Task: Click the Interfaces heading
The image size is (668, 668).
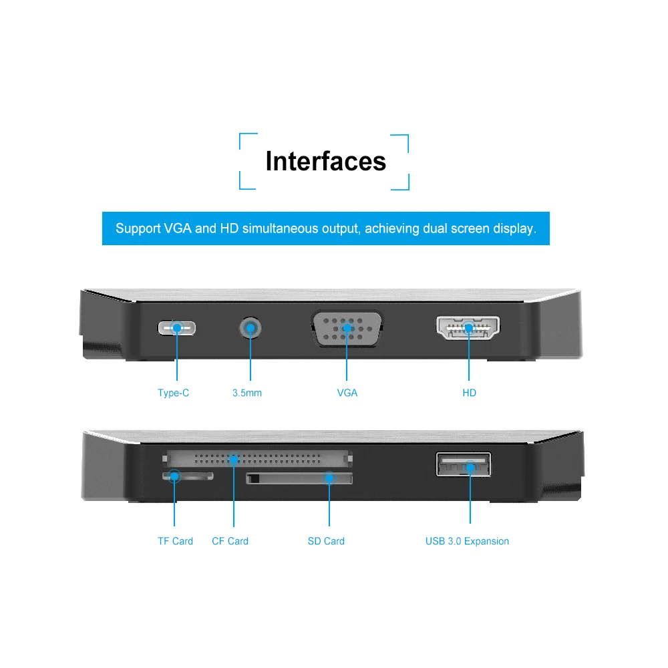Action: pyautogui.click(x=325, y=162)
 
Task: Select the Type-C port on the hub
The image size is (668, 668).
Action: pyautogui.click(x=177, y=328)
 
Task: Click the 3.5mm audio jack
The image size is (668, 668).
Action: pyautogui.click(x=251, y=328)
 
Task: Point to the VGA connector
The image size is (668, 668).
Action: pyautogui.click(x=347, y=329)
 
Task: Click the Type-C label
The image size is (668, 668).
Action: pyautogui.click(x=173, y=393)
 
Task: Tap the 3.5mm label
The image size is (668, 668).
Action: pyautogui.click(x=247, y=393)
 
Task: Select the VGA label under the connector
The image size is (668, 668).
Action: pyautogui.click(x=347, y=393)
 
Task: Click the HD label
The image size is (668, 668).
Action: pyautogui.click(x=470, y=393)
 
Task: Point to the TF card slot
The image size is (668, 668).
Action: pyautogui.click(x=188, y=476)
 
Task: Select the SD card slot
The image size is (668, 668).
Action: pyautogui.click(x=299, y=478)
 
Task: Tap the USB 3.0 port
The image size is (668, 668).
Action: pyautogui.click(x=464, y=465)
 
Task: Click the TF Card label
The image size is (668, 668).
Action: pyautogui.click(x=175, y=541)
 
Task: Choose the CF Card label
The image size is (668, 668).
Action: pyautogui.click(x=230, y=541)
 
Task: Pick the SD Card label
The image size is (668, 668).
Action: pyautogui.click(x=326, y=541)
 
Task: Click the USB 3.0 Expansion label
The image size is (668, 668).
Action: pyautogui.click(x=467, y=541)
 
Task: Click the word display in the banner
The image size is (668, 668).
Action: pyautogui.click(x=515, y=228)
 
